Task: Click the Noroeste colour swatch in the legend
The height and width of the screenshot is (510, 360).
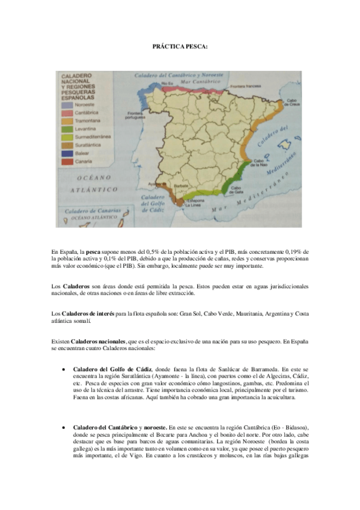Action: coord(65,103)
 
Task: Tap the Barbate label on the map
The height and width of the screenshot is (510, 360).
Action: coord(164,186)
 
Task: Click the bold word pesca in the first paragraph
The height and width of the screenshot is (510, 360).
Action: coord(76,250)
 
